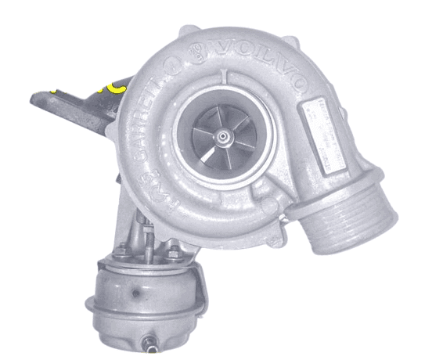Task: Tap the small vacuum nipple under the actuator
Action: coord(148,341)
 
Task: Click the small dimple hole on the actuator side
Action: coord(136,295)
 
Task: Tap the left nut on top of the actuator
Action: coord(122,252)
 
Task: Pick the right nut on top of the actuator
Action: coord(171,252)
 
